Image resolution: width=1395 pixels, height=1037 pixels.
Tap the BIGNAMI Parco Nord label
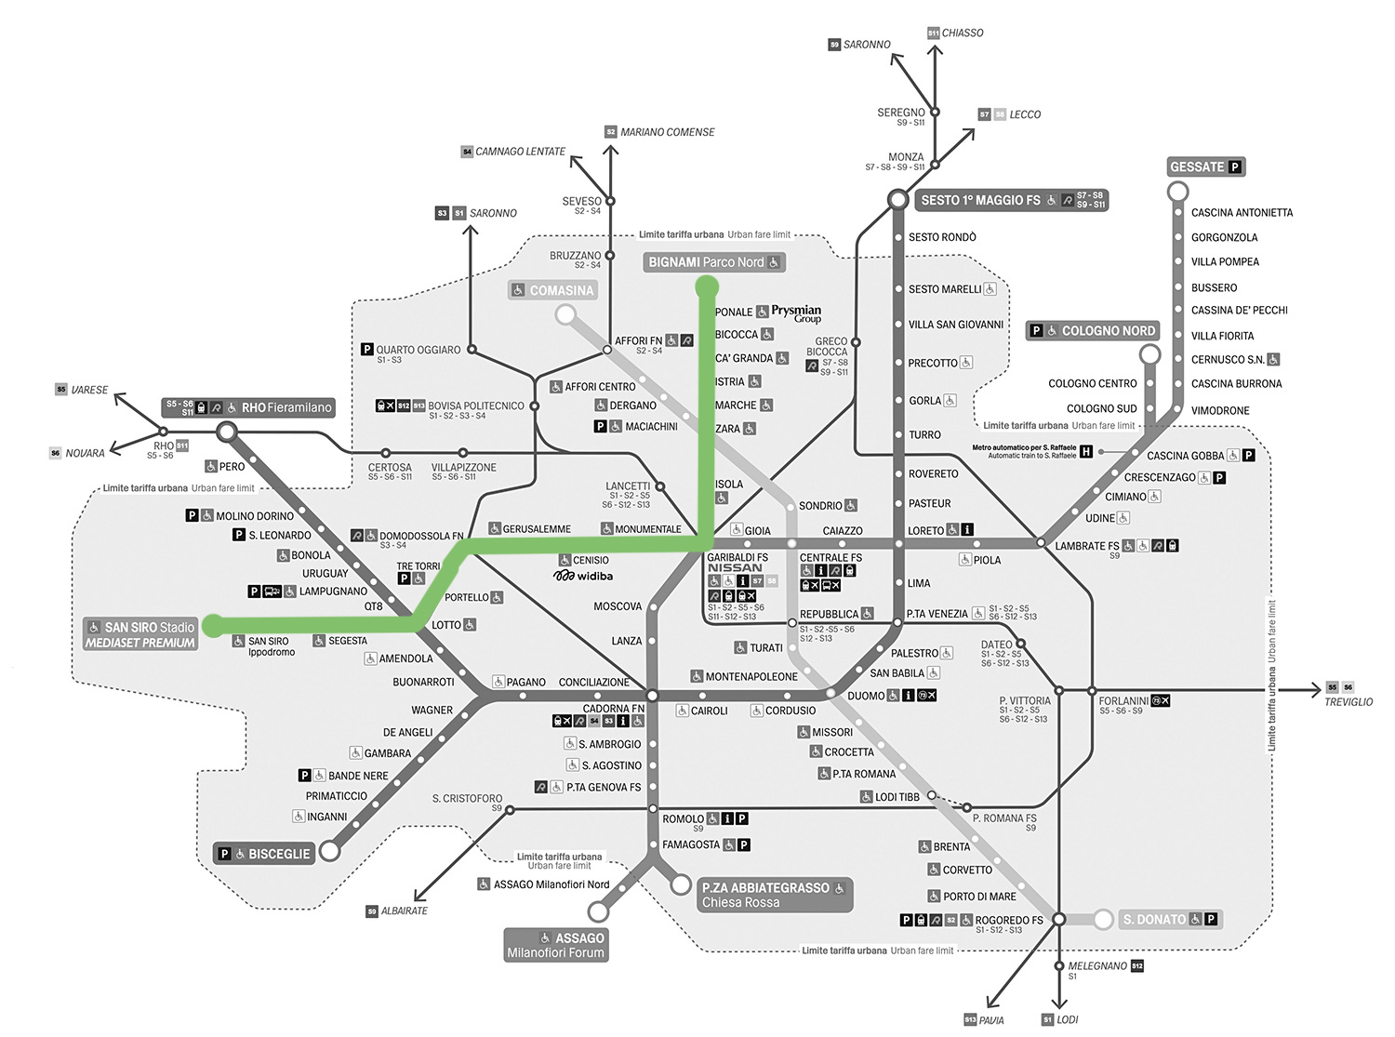coord(713,262)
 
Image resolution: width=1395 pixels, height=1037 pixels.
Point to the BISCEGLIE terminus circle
coord(329,851)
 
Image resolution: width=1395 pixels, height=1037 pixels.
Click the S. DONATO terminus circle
coord(1103,920)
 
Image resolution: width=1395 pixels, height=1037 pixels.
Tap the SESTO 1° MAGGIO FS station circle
coord(897,199)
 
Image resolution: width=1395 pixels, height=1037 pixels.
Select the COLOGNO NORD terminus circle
coord(1150,354)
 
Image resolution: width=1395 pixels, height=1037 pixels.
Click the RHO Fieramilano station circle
coord(226,432)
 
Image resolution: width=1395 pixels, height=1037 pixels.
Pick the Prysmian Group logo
coord(796,313)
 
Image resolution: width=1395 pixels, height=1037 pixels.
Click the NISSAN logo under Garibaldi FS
coord(735,567)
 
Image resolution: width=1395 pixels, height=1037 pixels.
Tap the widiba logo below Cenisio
coord(583,577)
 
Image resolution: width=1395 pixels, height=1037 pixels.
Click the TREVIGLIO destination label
coord(1348,702)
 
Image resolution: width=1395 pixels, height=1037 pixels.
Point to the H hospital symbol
coord(1086,452)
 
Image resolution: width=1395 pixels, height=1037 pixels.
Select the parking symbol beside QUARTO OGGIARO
coord(367,350)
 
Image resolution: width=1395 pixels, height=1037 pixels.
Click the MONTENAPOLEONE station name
coord(751,676)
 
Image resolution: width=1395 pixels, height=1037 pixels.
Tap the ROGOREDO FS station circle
coord(1058,919)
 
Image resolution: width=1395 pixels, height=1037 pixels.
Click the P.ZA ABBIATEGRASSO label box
coord(773,895)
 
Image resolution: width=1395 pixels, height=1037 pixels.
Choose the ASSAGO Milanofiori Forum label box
coord(556,945)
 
